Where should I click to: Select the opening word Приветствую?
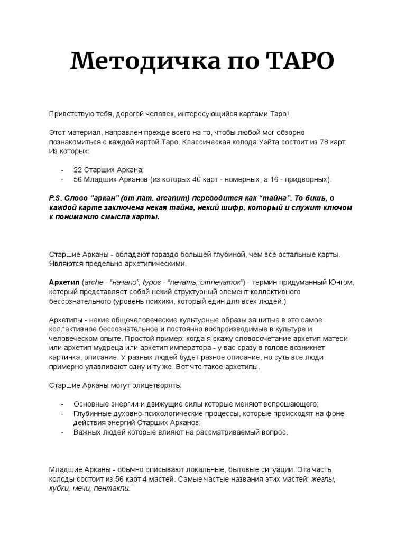[75, 114]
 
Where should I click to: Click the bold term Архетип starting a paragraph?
[63, 283]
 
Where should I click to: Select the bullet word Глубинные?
[91, 413]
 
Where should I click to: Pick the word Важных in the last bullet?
[87, 432]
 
